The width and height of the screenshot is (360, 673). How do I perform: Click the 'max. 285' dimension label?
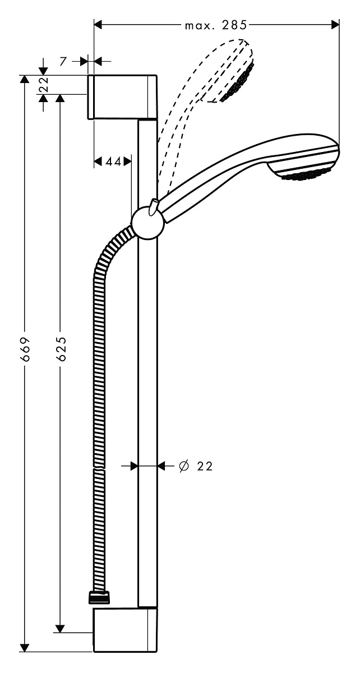[x=215, y=26]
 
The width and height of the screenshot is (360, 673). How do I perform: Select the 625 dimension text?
[x=61, y=348]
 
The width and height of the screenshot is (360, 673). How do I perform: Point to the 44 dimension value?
[x=113, y=162]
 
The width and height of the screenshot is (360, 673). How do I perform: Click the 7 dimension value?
[x=62, y=61]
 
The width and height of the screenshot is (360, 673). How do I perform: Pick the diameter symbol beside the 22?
[x=183, y=466]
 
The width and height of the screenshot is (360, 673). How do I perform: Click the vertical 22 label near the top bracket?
[x=44, y=85]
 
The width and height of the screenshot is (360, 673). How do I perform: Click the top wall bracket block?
[x=122, y=98]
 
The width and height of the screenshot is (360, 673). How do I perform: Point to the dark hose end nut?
[x=99, y=597]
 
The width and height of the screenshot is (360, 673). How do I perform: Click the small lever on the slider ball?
[x=154, y=206]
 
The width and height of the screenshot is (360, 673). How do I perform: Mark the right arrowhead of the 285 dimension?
[x=335, y=25]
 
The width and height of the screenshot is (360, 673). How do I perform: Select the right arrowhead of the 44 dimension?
[x=127, y=162]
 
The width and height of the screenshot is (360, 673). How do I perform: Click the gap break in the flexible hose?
[x=99, y=468]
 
